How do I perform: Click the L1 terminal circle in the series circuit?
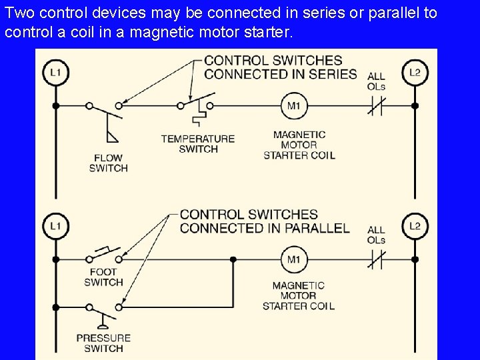(55, 72)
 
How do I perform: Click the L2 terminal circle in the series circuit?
(415, 72)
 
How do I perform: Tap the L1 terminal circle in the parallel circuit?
(55, 227)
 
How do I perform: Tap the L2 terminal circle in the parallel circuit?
(415, 227)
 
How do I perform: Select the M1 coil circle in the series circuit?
(294, 105)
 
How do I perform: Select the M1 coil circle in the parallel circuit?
(294, 259)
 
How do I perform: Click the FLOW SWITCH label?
(108, 163)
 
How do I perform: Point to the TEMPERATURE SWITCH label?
(198, 144)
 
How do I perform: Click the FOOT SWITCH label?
(103, 277)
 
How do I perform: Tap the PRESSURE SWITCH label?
(103, 343)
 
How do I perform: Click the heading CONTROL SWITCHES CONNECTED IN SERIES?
(281, 67)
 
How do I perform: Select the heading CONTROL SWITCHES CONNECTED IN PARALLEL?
(265, 221)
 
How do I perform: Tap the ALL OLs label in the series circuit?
(376, 81)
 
